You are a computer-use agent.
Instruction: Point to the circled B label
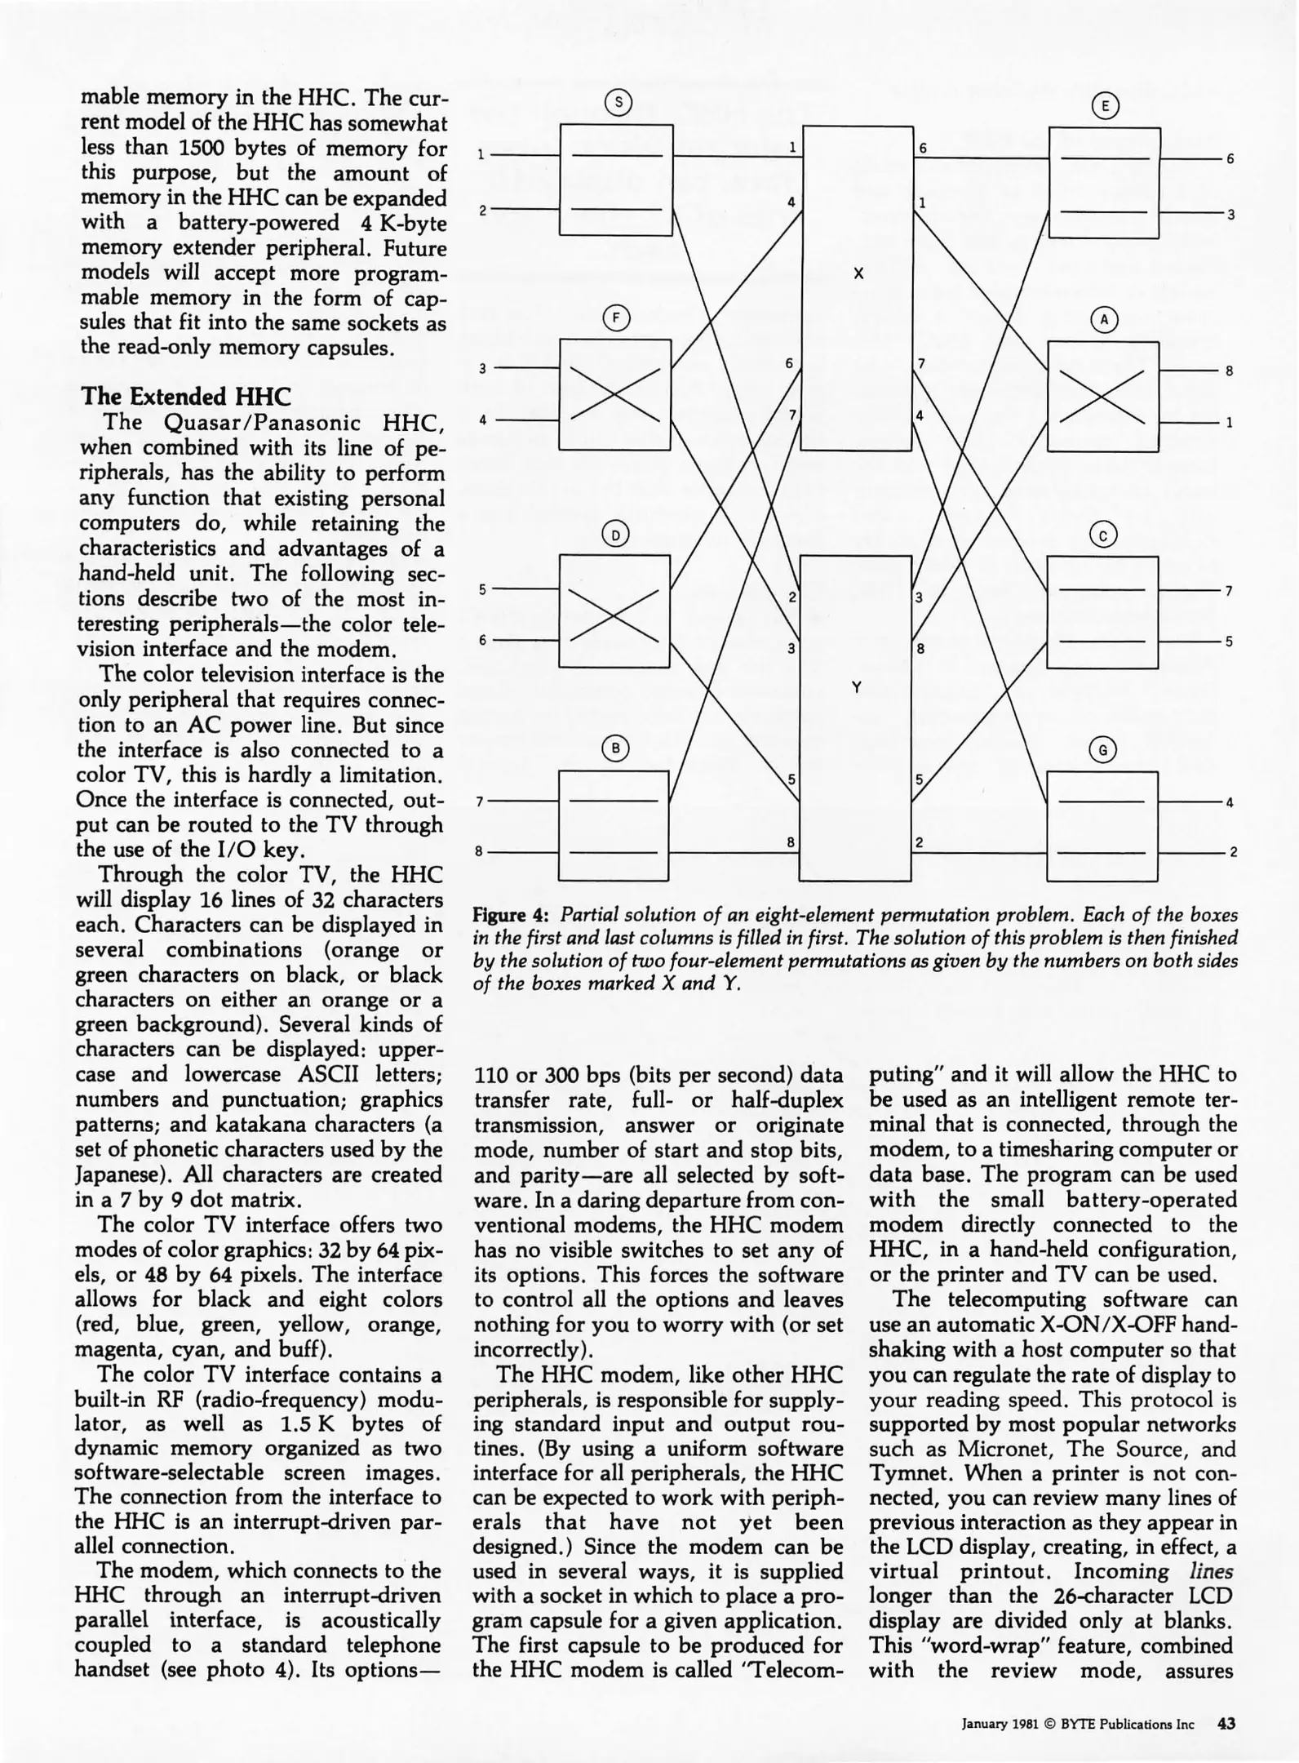[x=616, y=748]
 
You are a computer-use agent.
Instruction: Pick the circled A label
[x=1104, y=320]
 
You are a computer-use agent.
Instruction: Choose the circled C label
[x=1103, y=535]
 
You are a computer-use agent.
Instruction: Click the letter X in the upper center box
[x=858, y=274]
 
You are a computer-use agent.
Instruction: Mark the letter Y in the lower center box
[x=856, y=688]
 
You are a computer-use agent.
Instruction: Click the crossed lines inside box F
[x=615, y=394]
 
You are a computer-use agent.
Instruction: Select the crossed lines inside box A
[x=1102, y=396]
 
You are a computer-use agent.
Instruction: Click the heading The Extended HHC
[x=185, y=397]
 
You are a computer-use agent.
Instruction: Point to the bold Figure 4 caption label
[x=511, y=914]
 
